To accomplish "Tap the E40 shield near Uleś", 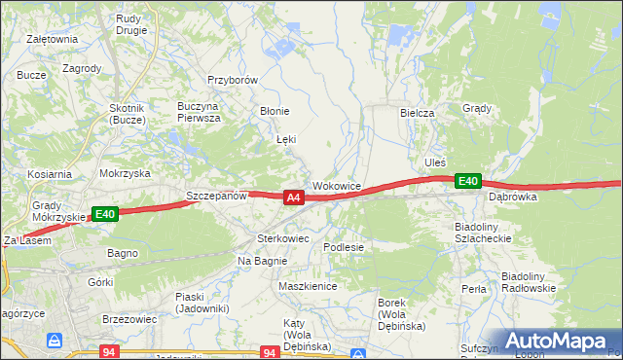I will [x=468, y=181].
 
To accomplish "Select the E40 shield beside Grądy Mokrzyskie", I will [x=105, y=214].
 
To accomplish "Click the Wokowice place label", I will [x=337, y=185].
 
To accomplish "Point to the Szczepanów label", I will [x=216, y=196].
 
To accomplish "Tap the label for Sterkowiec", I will [x=282, y=237].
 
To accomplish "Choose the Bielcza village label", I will [x=417, y=113].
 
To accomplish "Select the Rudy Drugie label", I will [x=130, y=23].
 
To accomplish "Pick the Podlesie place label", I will [x=344, y=247].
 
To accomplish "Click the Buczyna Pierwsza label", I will [x=199, y=112].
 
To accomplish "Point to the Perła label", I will [x=474, y=289].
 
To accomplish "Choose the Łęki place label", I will [x=286, y=140].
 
